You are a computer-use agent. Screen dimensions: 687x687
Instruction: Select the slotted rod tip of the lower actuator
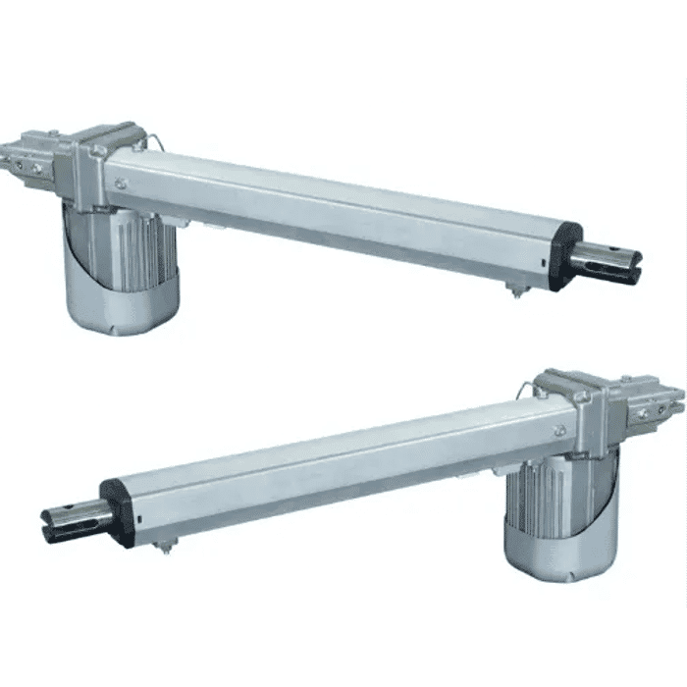click(x=74, y=520)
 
